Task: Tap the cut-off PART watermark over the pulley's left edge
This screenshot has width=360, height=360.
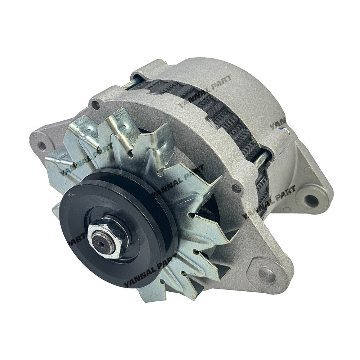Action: point(74,239)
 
